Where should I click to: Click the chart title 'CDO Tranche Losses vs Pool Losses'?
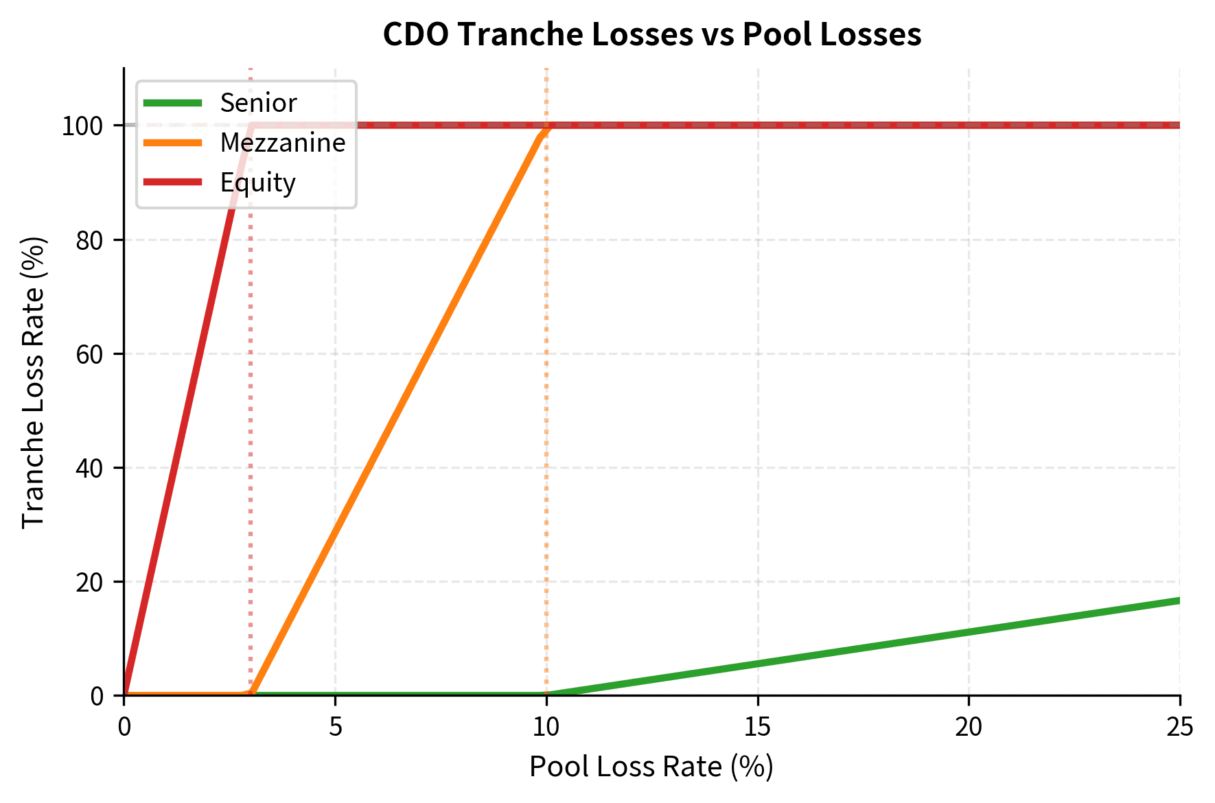pyautogui.click(x=651, y=34)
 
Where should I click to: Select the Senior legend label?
pyautogui.click(x=258, y=103)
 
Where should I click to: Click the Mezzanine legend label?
pyautogui.click(x=283, y=143)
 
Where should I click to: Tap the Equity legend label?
pyautogui.click(x=257, y=183)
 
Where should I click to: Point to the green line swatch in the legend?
pyautogui.click(x=172, y=103)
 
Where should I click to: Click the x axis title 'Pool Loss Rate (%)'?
pyautogui.click(x=651, y=767)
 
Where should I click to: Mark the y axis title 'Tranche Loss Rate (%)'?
pyautogui.click(x=33, y=382)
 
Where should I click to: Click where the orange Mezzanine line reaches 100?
pyautogui.click(x=546, y=126)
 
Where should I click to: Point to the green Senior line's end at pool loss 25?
pyautogui.click(x=1179, y=601)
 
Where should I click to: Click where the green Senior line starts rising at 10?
pyautogui.click(x=547, y=695)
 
